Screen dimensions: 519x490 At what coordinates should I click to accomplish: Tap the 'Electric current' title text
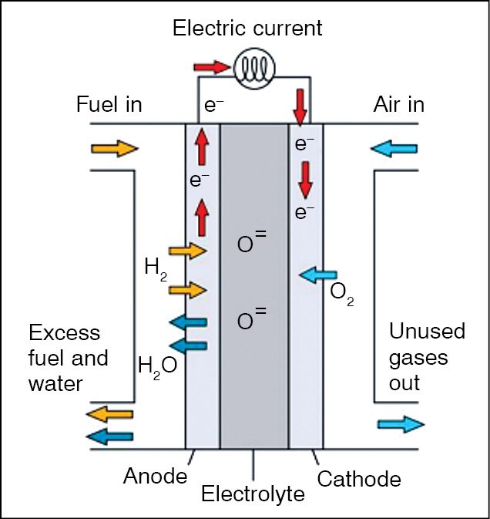point(247,29)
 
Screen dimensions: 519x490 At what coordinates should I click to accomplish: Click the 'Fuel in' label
point(109,104)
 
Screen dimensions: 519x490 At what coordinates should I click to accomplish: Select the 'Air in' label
point(398,104)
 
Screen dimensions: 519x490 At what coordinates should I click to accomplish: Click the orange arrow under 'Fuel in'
point(113,148)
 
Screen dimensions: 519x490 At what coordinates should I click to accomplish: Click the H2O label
point(157,364)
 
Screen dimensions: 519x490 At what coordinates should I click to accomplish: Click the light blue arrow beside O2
point(317,273)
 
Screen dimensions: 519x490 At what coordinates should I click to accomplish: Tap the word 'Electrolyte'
point(253,494)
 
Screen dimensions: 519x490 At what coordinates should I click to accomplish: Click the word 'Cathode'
point(359,479)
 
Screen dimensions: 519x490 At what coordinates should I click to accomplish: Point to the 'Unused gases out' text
point(427,357)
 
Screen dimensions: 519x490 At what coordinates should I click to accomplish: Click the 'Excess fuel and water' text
point(68,358)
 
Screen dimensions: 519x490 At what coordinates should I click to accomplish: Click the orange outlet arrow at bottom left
point(109,415)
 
